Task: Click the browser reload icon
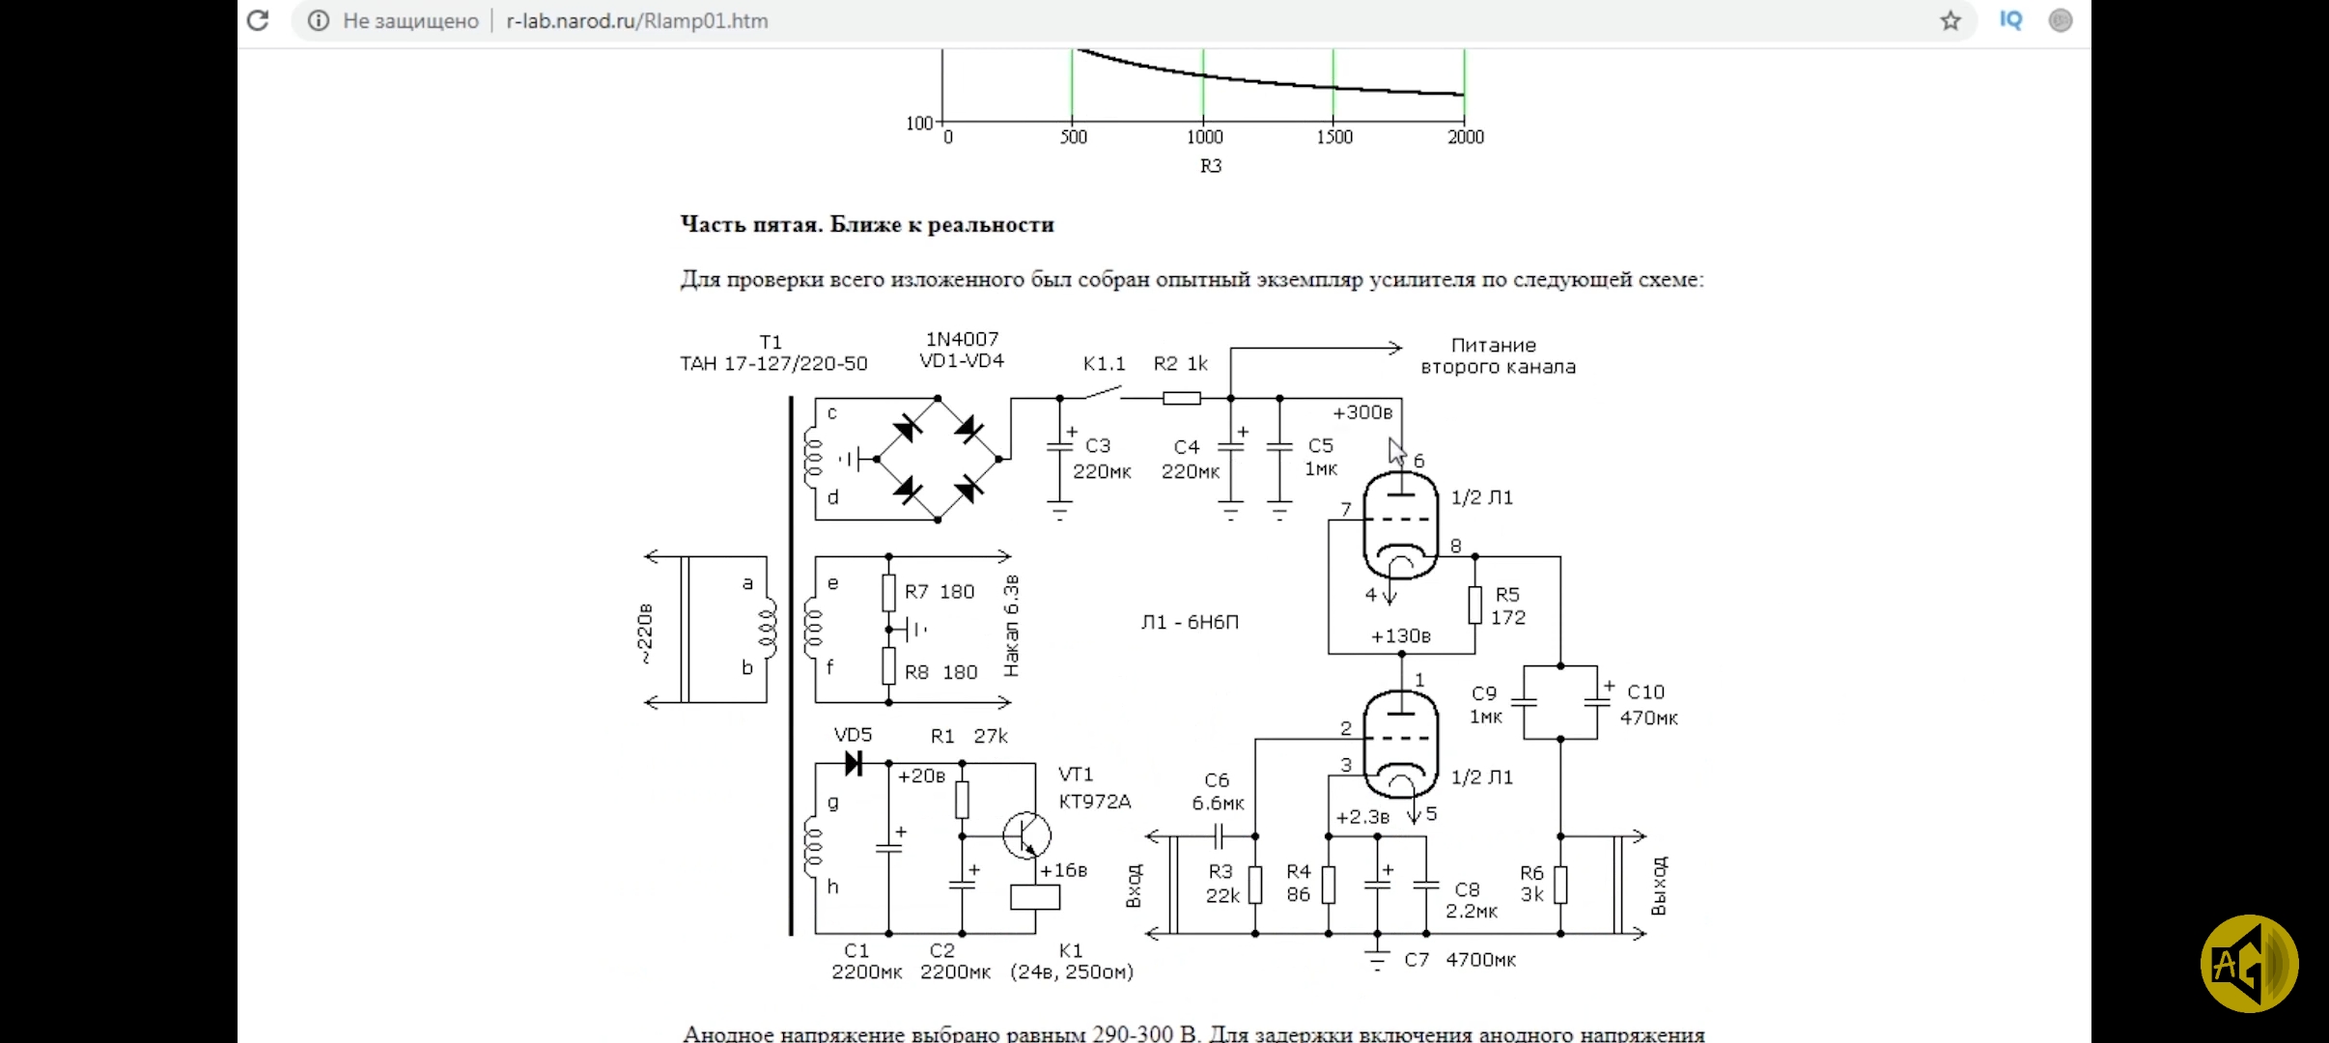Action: click(258, 20)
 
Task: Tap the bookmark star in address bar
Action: click(1950, 20)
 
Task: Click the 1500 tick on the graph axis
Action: click(1333, 137)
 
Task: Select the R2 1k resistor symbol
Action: click(1182, 398)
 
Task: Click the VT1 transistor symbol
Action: click(1026, 835)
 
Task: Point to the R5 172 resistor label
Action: click(1507, 606)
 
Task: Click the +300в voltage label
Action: click(1362, 412)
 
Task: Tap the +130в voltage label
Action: click(1400, 636)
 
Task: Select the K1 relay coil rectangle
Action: click(1035, 896)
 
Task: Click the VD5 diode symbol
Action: click(854, 764)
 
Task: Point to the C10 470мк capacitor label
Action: click(1648, 705)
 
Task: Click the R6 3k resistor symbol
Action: click(1560, 885)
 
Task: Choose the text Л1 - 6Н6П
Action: click(1190, 622)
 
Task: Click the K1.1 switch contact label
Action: click(1104, 364)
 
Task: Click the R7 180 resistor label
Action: click(939, 592)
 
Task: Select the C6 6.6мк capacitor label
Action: click(1218, 791)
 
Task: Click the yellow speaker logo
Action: click(2249, 963)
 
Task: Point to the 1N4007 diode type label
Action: click(962, 339)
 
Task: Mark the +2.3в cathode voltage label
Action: click(1362, 817)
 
